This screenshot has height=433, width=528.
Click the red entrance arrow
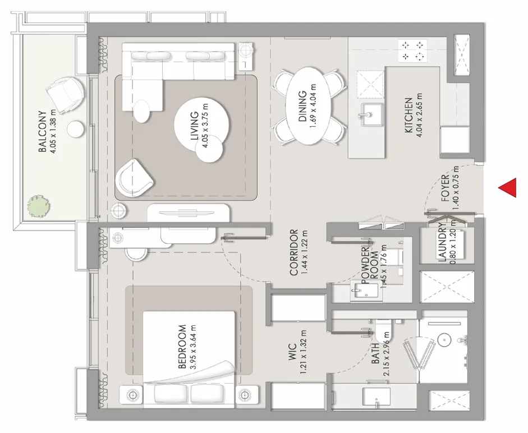[x=508, y=188]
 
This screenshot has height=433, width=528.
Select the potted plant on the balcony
[x=38, y=206]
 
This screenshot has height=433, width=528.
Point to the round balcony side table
[x=75, y=128]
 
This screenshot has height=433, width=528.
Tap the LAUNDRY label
[x=442, y=243]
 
